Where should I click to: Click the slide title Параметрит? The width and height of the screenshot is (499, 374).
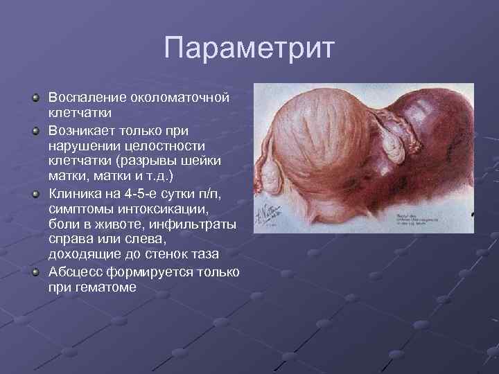coord(249,48)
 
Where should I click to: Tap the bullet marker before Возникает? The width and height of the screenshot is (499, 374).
coord(36,130)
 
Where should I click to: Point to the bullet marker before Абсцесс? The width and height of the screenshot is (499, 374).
coord(36,271)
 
